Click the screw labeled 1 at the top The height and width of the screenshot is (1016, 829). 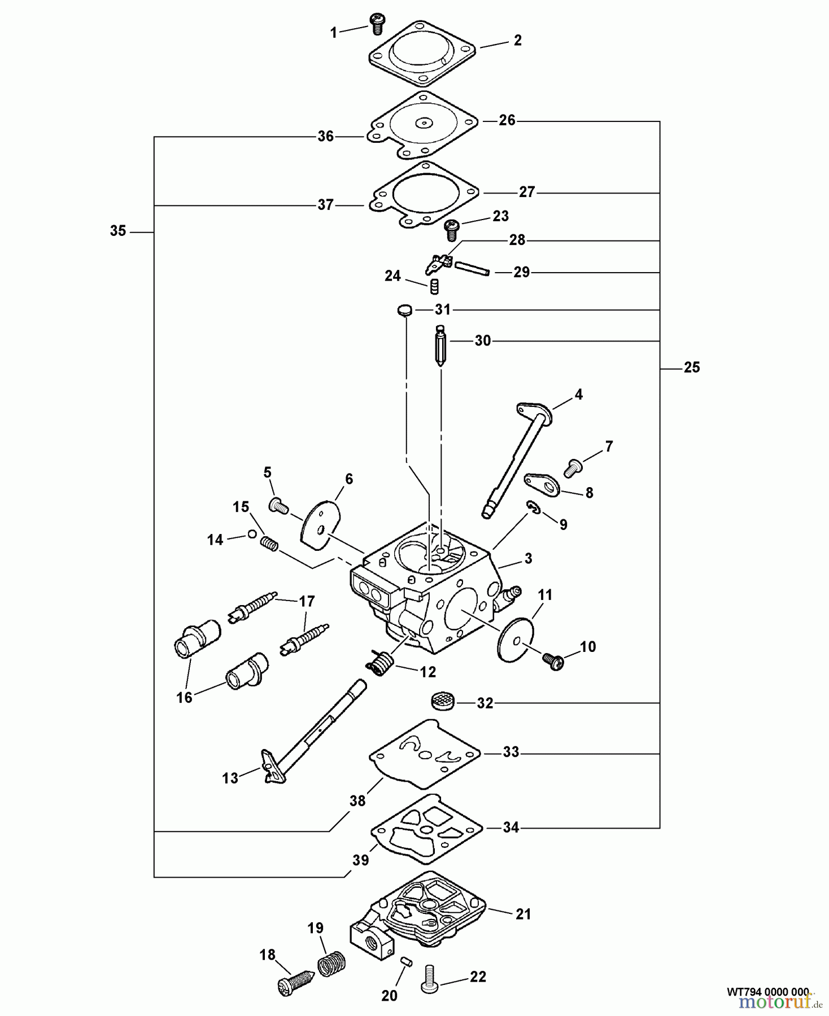pos(376,22)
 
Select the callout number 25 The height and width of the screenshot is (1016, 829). pos(691,367)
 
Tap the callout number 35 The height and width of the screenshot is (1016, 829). pos(118,231)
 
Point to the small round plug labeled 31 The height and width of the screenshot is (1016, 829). pos(403,310)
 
